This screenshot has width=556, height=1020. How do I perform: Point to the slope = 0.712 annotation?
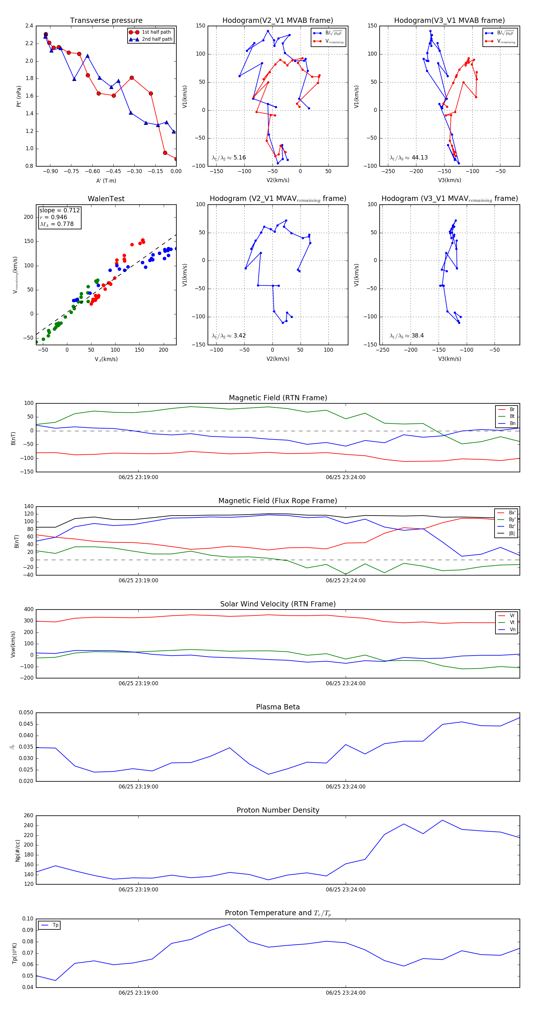coord(59,210)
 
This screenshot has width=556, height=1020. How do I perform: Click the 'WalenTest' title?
coord(106,199)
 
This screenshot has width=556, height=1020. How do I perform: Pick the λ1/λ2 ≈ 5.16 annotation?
coord(229,158)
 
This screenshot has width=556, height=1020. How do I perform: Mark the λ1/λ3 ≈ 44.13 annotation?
coord(408,158)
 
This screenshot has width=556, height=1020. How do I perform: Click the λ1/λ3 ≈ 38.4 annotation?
coord(406,336)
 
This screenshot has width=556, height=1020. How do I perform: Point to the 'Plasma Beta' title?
coord(278,707)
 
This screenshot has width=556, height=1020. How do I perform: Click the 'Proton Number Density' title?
coord(278,810)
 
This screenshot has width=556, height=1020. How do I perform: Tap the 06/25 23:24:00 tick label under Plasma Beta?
coord(345,787)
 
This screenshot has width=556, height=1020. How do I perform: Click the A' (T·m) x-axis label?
coord(106,181)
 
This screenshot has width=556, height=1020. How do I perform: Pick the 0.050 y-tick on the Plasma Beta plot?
coord(26,713)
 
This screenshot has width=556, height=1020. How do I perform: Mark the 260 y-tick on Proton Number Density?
coord(28,816)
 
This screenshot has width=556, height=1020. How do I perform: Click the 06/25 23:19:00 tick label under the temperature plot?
coord(138,993)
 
